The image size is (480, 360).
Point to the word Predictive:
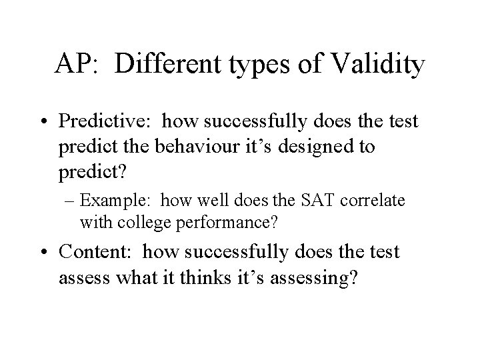click(115, 121)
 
